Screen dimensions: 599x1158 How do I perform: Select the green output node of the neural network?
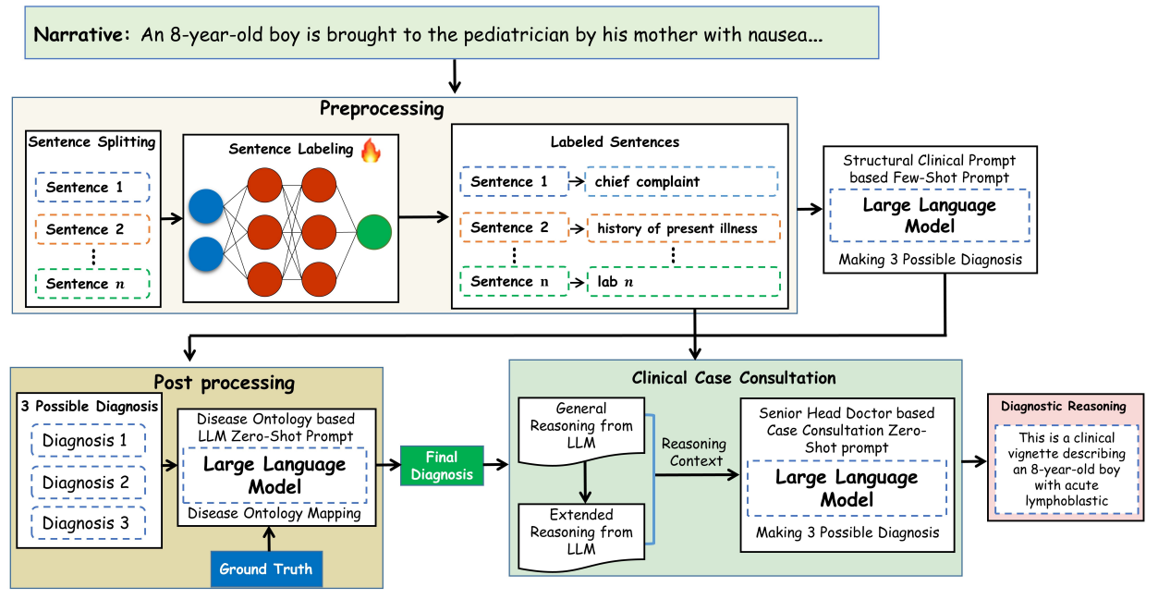coord(373,231)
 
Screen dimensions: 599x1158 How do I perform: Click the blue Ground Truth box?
coord(266,568)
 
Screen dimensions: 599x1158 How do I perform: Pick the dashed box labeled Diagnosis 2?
coord(86,482)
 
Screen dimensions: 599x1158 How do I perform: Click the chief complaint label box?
coord(681,181)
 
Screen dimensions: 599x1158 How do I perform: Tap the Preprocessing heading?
coord(382,109)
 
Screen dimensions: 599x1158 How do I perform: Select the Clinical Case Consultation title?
coord(734,377)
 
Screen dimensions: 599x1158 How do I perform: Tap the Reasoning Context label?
coord(694,452)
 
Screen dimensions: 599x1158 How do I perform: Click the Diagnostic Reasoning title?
coord(1064,406)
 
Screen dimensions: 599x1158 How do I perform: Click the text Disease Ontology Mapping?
coord(274,513)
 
